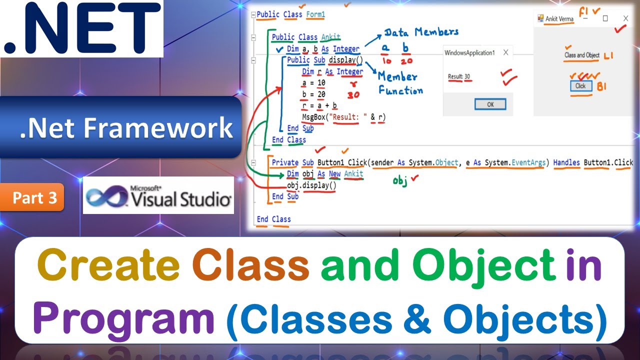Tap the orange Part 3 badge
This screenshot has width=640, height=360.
click(35, 198)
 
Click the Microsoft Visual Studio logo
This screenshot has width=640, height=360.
click(158, 195)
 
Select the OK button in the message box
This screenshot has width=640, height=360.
click(490, 104)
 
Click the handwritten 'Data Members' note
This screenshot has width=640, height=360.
click(421, 32)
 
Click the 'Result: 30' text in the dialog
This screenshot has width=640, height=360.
click(459, 76)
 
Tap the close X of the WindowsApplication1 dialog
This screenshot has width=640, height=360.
click(505, 52)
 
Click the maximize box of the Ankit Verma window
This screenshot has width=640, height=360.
click(605, 18)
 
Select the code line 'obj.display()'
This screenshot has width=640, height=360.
click(311, 185)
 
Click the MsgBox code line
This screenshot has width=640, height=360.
click(344, 117)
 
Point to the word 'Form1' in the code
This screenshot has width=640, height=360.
click(315, 14)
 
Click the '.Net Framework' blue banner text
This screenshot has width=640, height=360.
click(126, 127)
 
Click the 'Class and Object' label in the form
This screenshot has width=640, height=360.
click(581, 55)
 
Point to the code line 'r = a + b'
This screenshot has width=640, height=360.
click(319, 105)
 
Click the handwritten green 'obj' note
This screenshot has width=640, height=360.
click(400, 181)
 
